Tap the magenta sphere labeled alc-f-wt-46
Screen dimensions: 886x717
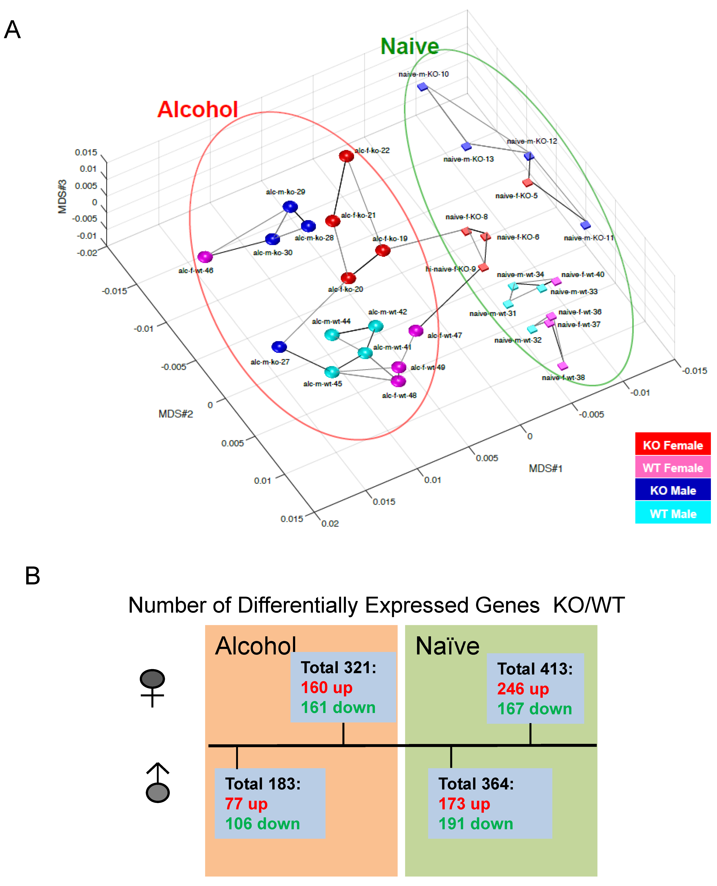click(205, 257)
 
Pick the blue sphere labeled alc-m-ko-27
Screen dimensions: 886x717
click(279, 347)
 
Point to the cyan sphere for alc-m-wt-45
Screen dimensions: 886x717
click(332, 372)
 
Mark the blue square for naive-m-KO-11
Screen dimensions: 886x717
click(585, 225)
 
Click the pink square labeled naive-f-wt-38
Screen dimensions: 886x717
click(562, 366)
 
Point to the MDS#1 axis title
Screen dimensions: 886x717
click(545, 468)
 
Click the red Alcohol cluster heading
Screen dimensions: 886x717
click(197, 109)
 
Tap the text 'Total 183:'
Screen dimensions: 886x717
click(263, 783)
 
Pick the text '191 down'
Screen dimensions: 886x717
click(475, 824)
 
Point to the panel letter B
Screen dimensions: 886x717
click(33, 576)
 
